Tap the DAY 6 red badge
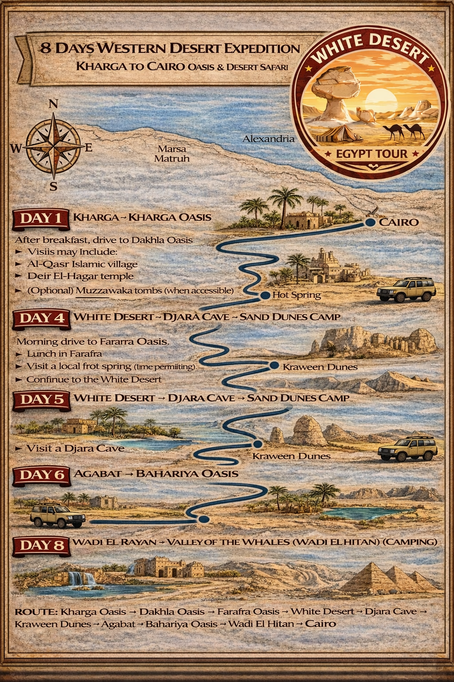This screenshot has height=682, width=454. (x=41, y=475)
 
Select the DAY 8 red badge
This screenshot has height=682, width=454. (x=41, y=545)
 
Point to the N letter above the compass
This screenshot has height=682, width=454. (x=53, y=104)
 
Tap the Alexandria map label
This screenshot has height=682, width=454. (x=268, y=139)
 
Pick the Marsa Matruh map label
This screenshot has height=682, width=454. (x=172, y=154)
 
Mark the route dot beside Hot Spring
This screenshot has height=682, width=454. (x=265, y=295)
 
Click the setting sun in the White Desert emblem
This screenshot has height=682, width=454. (x=380, y=99)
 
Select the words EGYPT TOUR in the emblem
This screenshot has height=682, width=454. (x=372, y=154)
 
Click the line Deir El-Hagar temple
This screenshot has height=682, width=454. (x=80, y=276)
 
